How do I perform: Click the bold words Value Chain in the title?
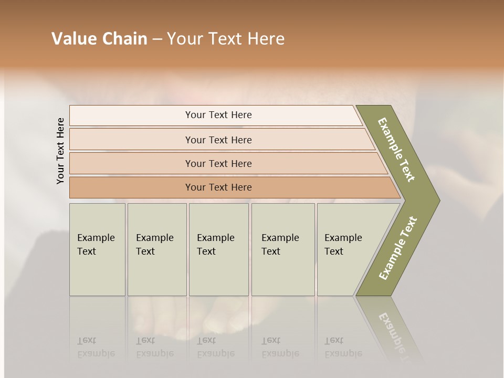(99, 39)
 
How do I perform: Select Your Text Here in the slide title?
(226, 39)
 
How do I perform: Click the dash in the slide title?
(157, 39)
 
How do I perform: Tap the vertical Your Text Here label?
(60, 151)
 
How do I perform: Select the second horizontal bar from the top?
(218, 140)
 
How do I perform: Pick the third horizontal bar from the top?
(218, 163)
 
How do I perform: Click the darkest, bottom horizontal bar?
(218, 187)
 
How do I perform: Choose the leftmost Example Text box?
(97, 249)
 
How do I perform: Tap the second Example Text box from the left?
(157, 249)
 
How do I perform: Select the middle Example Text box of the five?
(218, 249)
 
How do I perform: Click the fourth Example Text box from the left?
(283, 249)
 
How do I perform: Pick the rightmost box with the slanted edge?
(346, 249)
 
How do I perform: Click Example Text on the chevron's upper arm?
(396, 150)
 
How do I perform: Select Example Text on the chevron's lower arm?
(398, 248)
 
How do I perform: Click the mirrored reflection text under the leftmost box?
(96, 347)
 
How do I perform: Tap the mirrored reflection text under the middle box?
(215, 347)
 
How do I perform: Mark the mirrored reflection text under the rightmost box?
(343, 347)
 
